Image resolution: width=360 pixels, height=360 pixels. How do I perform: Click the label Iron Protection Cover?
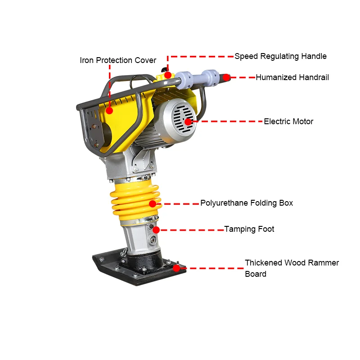pyautogui.click(x=118, y=60)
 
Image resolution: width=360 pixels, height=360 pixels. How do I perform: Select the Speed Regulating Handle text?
pyautogui.click(x=280, y=57)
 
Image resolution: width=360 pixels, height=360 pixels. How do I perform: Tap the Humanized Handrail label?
pyautogui.click(x=292, y=77)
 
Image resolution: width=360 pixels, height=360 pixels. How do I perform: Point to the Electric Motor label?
pyautogui.click(x=288, y=121)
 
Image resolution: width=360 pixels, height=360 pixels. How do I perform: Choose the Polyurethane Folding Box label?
pyautogui.click(x=247, y=203)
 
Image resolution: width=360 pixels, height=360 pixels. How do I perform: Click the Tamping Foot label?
pyautogui.click(x=249, y=229)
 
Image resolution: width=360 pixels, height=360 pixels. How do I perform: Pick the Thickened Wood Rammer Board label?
pyautogui.click(x=292, y=268)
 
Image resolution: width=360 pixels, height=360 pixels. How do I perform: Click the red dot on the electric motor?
pyautogui.click(x=188, y=121)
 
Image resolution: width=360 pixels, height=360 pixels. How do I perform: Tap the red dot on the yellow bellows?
pyautogui.click(x=153, y=203)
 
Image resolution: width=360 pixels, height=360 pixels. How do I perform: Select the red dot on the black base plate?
pyautogui.click(x=176, y=268)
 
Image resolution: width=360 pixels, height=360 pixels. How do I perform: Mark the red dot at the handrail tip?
pyautogui.click(x=227, y=77)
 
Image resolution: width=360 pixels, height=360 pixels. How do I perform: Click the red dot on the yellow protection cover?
pyautogui.click(x=109, y=109)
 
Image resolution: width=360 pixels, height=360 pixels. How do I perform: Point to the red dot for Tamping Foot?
pyautogui.click(x=156, y=229)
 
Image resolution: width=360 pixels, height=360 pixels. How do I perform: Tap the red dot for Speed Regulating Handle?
pyautogui.click(x=167, y=75)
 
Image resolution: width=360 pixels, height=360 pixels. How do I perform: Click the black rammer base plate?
pyautogui.click(x=135, y=272)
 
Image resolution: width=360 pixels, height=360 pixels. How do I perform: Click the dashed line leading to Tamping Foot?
pyautogui.click(x=191, y=229)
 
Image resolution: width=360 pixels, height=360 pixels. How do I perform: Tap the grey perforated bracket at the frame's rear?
pyautogui.click(x=92, y=128)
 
